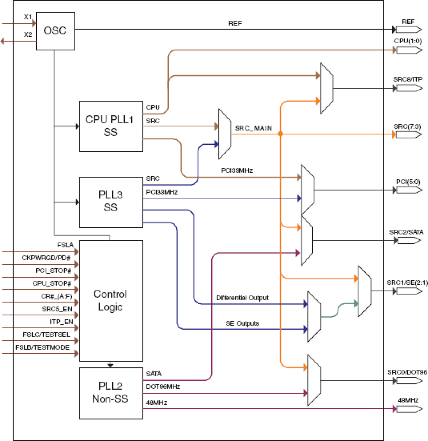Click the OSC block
coord(55,31)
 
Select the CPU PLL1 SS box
coord(111,126)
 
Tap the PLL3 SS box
coord(111,202)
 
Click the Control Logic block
coord(111,301)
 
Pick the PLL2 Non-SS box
coord(111,393)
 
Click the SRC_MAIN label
coord(253,128)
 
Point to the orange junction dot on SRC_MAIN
coord(280,134)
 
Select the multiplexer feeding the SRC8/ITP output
coord(326,88)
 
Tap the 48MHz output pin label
coord(408,400)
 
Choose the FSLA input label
coord(65,245)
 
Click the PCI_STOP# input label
coord(53,271)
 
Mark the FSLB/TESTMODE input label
coord(43,347)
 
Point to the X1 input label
coord(28,17)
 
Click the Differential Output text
coord(242,298)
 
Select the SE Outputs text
coord(242,323)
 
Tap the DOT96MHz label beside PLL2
coord(163,386)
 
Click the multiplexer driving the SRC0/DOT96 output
coord(314,380)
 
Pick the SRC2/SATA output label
coord(406,232)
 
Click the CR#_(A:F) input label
coord(57,296)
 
